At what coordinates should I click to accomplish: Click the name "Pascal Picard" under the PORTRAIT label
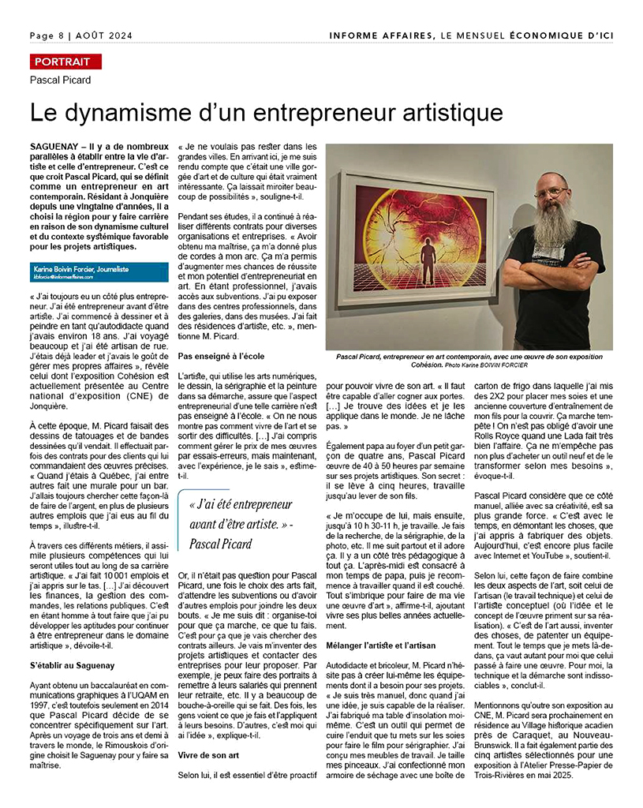click(61, 80)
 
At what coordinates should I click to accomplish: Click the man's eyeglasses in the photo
click(549, 192)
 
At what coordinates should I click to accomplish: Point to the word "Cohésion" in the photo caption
click(427, 365)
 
